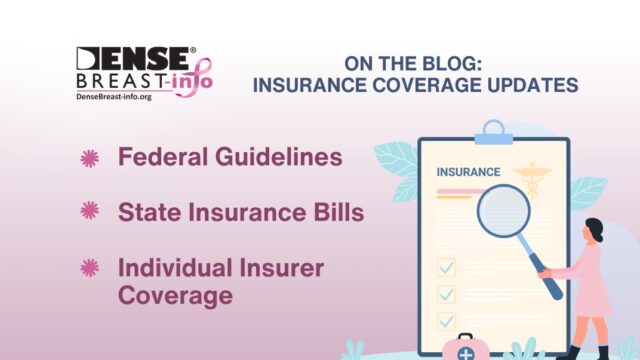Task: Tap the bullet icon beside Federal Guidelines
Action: [x=90, y=158]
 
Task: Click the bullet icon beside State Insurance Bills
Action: [x=90, y=211]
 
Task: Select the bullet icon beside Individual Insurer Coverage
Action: [x=90, y=266]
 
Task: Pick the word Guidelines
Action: [x=277, y=158]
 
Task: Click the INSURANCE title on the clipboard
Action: [x=468, y=172]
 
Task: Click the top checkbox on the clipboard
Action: [x=447, y=267]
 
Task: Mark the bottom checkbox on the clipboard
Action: [x=447, y=321]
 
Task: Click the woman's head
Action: [x=592, y=229]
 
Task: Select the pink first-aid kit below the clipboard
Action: [x=466, y=347]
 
